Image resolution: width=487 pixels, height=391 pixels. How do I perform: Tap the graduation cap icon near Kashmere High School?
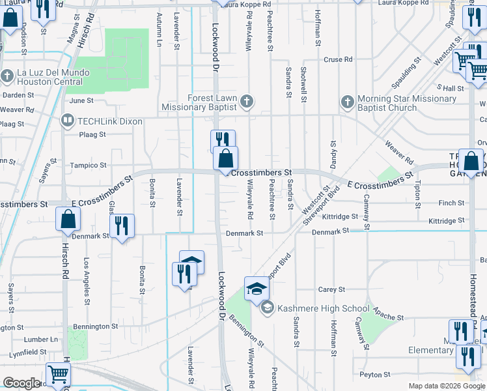257,288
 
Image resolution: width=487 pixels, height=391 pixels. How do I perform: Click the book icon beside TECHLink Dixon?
66,120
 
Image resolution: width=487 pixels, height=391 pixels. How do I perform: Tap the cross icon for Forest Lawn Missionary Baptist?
246,101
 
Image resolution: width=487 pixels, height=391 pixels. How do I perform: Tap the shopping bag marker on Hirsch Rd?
68,220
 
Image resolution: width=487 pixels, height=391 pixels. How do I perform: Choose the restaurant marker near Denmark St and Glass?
122,225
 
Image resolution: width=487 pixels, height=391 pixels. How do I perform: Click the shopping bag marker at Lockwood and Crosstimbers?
225,159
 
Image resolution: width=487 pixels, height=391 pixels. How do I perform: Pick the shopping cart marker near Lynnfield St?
59,375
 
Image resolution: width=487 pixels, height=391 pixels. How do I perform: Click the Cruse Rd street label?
338,59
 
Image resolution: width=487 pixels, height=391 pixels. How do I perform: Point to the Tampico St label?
89,166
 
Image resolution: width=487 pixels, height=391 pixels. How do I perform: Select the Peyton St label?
378,375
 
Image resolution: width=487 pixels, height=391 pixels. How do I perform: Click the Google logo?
21,383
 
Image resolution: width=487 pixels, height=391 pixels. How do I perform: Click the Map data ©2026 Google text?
447,386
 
